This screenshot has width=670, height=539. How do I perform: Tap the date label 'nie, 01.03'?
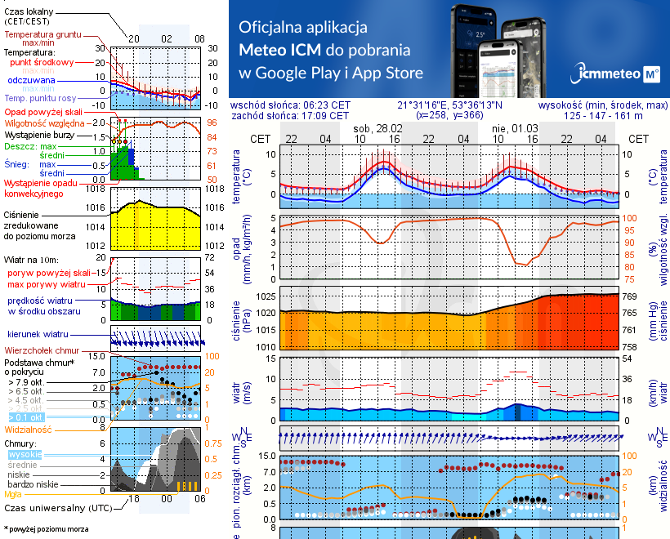[511, 128]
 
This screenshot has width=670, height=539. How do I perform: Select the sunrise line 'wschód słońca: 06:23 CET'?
[291, 105]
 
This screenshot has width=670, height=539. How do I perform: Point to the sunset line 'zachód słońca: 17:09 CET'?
[291, 116]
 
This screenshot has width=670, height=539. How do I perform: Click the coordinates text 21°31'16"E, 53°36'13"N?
[450, 105]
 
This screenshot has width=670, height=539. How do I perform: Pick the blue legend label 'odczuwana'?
[31, 81]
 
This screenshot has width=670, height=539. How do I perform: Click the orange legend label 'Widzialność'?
[29, 428]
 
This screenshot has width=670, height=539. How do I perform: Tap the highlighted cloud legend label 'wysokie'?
[25, 454]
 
